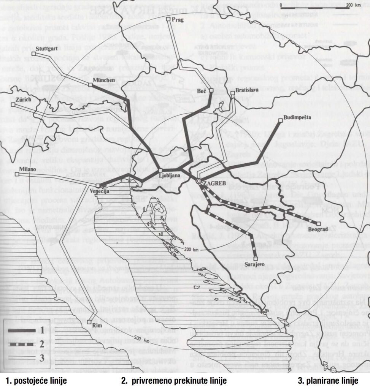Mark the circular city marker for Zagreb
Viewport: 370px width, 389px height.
pyautogui.click(x=198, y=182)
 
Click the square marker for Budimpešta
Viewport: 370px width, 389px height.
pyautogui.click(x=280, y=120)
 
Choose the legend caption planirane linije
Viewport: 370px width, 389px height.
pyautogui.click(x=328, y=380)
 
